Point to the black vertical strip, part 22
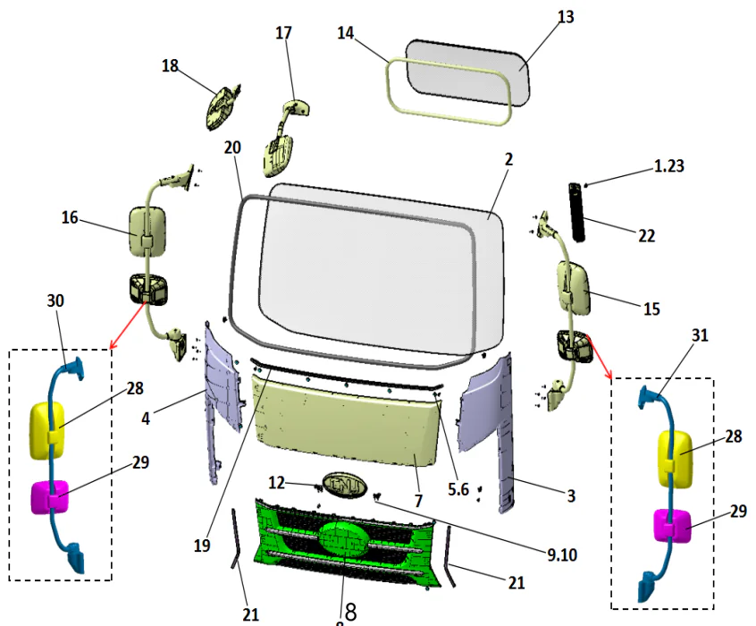(x=578, y=211)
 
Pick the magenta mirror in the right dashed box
(x=673, y=527)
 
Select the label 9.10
(x=562, y=554)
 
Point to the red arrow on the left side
(x=128, y=326)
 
